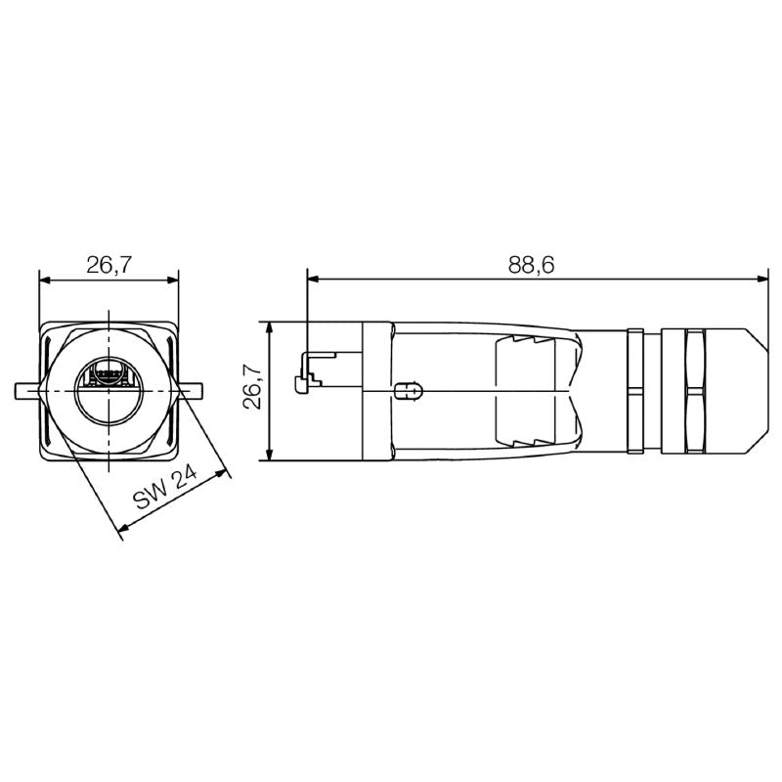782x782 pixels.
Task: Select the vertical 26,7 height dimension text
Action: pyautogui.click(x=251, y=389)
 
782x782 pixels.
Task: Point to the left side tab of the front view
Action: pyautogui.click(x=27, y=390)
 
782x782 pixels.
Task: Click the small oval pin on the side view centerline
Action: pyautogui.click(x=409, y=391)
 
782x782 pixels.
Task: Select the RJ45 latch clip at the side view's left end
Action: pyautogui.click(x=306, y=377)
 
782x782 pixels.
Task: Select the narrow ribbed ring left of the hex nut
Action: pyautogui.click(x=635, y=390)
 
